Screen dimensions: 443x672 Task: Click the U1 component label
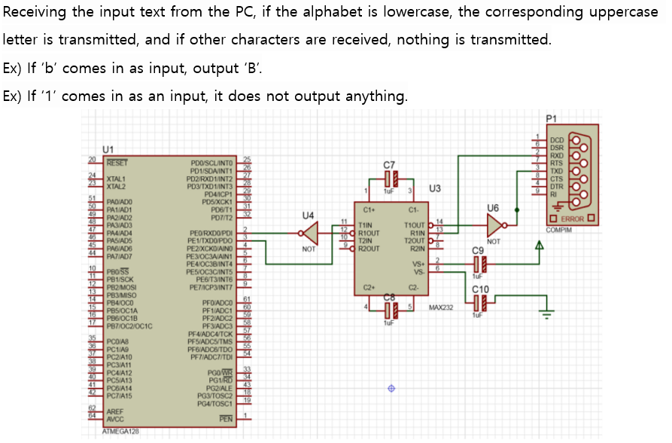pos(108,149)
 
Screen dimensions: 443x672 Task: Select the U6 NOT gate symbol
pos(494,225)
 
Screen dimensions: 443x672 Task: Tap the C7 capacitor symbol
pos(388,179)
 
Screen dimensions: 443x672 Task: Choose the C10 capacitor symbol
pos(480,304)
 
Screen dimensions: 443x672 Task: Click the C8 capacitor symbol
pos(388,308)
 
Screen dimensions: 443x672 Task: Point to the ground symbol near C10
pos(547,311)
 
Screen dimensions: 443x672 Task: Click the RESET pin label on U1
pos(117,161)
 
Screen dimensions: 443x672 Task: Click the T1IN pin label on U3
pos(366,225)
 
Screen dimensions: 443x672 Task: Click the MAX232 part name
pos(440,308)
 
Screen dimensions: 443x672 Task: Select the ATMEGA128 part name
pos(120,432)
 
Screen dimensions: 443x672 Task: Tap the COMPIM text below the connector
pos(559,229)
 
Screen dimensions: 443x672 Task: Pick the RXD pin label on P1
pos(557,156)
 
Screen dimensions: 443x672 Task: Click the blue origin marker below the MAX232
pos(391,389)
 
